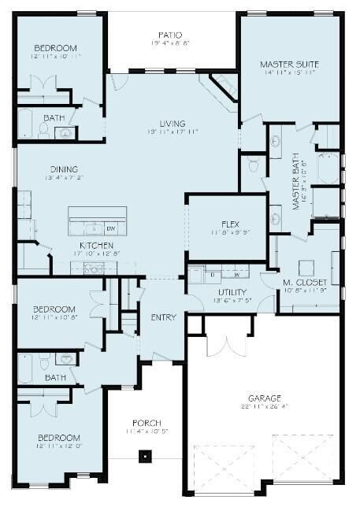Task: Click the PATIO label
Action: (x=171, y=35)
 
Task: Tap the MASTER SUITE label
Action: (x=290, y=63)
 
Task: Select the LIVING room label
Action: (x=172, y=124)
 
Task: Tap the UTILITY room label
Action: (x=232, y=291)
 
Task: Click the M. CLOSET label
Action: (x=303, y=282)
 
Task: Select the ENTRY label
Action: (x=163, y=317)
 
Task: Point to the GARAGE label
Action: (x=263, y=398)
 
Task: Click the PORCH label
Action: (x=147, y=423)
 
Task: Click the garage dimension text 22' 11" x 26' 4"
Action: (x=263, y=408)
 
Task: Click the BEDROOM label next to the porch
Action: (x=59, y=437)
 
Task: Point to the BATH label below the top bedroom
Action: (x=54, y=118)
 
